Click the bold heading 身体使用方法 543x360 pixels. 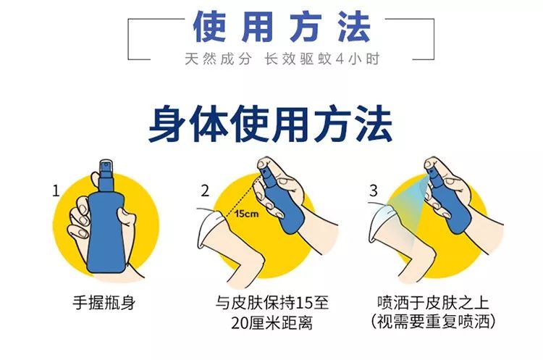[271, 125]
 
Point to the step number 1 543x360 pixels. [56, 191]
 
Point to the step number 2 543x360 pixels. [206, 191]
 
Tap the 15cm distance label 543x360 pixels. [243, 214]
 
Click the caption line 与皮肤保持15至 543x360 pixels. [271, 302]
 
